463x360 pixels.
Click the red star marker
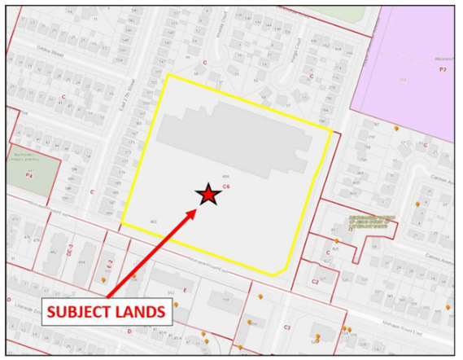click(x=208, y=194)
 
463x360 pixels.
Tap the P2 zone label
click(x=443, y=70)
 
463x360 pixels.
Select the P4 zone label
click(x=29, y=174)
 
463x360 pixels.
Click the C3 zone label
click(x=286, y=327)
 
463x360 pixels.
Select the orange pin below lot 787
click(x=396, y=129)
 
